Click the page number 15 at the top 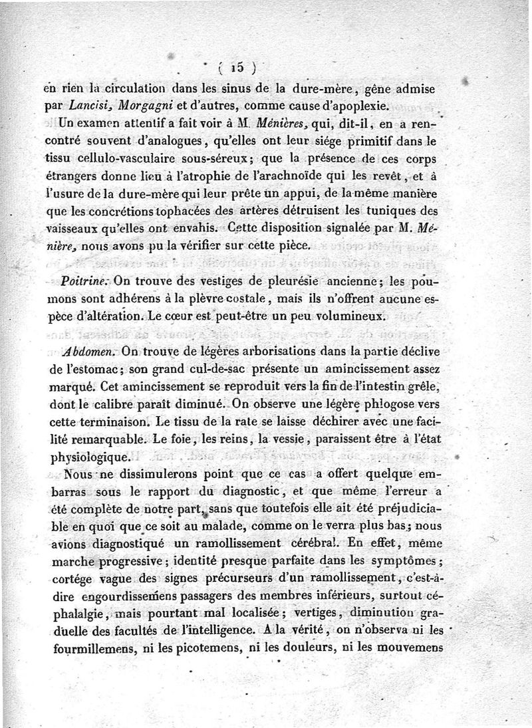click(x=236, y=66)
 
